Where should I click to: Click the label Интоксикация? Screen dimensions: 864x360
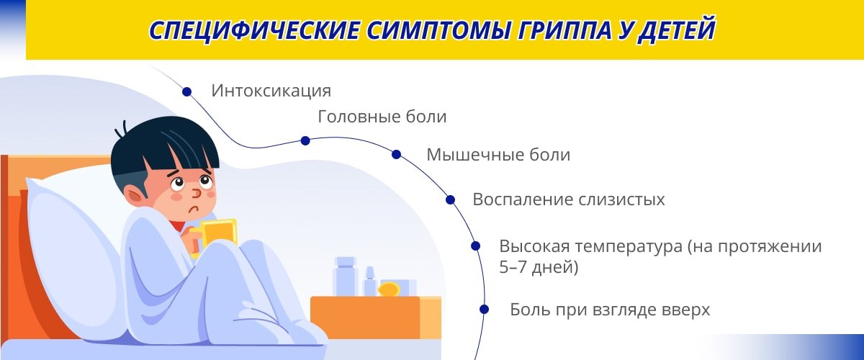pos(271,91)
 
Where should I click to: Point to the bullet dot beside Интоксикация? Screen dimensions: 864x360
pos(186,92)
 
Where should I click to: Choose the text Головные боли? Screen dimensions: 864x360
pos(382,117)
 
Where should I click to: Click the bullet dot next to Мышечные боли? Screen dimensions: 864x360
pos(396,154)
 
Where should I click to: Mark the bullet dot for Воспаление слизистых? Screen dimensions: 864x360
pos(450,200)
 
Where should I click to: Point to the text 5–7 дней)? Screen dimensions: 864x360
pos(539,267)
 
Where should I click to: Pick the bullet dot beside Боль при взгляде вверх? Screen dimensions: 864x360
pos(485,309)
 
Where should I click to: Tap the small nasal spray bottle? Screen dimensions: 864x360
pos(369,282)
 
